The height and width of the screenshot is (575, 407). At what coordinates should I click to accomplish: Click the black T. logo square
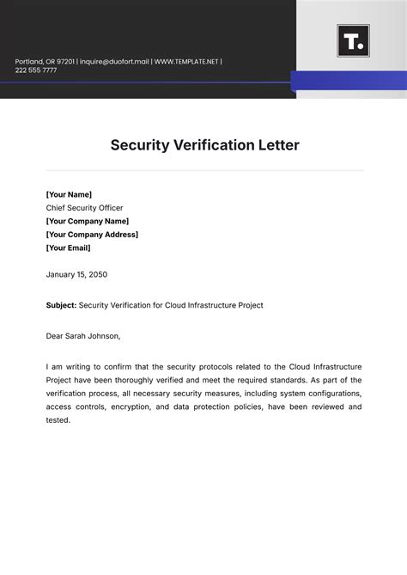coord(353,40)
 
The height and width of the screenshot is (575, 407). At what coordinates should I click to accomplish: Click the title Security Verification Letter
coord(204,145)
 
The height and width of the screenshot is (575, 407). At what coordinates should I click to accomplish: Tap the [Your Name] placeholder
coord(69,194)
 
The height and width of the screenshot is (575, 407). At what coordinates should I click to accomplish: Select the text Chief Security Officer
coord(84,208)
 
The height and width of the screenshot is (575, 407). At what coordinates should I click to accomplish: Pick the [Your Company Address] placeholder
coord(92,234)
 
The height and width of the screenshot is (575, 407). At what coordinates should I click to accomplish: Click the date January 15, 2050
coord(76,274)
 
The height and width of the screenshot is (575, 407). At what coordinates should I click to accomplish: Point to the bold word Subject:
coord(61,305)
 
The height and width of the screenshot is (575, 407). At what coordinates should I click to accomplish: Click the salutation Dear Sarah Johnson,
coord(83,336)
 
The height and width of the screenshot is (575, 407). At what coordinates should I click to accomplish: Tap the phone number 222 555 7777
coord(36,70)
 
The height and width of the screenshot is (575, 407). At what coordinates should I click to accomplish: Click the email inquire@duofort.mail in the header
coord(114,61)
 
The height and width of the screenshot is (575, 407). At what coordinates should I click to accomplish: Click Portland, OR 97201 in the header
coord(44,61)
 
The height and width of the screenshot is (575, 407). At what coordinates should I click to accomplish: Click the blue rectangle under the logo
coord(348,81)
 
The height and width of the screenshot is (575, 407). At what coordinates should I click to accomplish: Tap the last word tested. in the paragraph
coord(58,420)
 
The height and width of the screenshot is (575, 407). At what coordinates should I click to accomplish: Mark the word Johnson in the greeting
coord(103,336)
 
